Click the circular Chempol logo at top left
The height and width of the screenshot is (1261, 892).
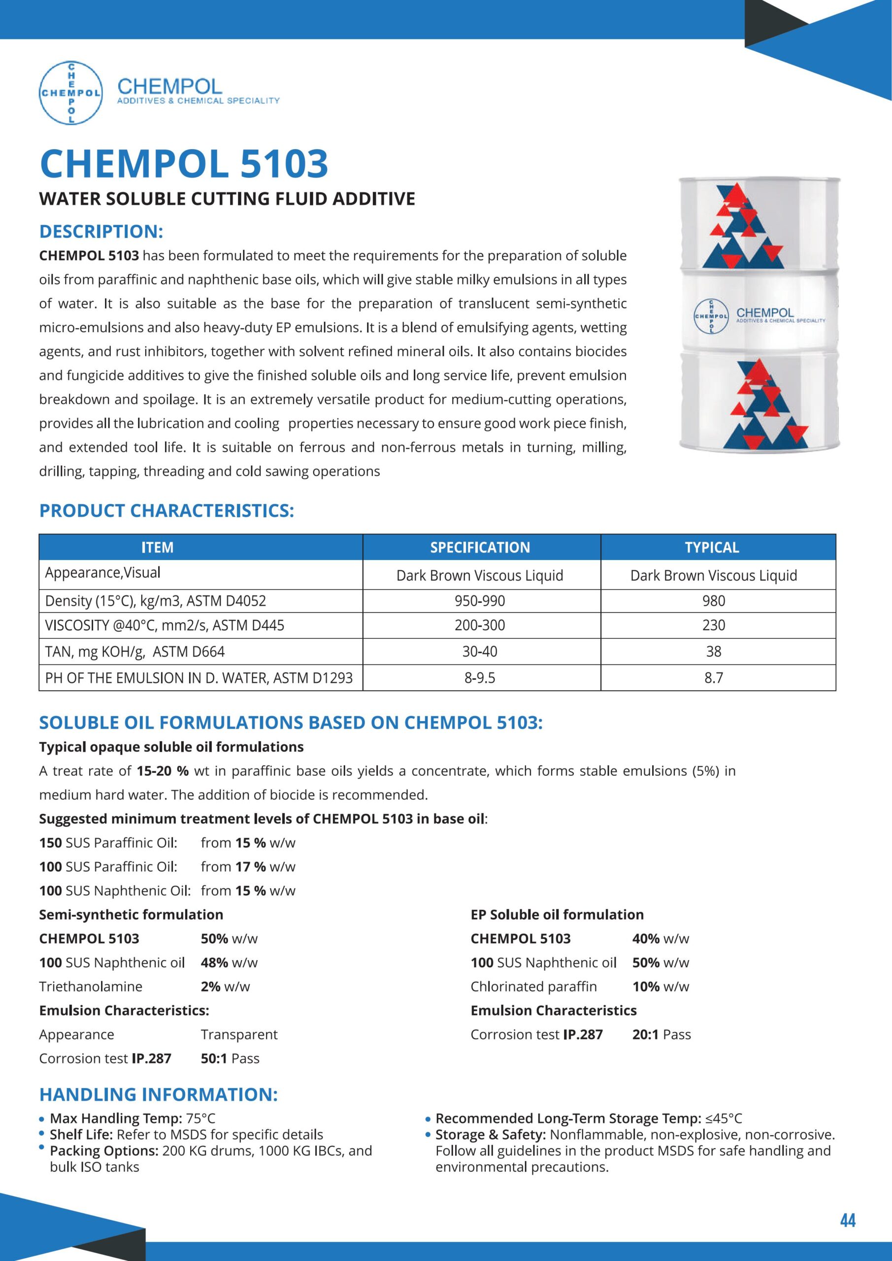71,92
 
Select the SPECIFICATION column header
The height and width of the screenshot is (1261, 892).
480,547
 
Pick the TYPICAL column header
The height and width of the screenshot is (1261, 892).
712,547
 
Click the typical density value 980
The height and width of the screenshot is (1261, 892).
714,600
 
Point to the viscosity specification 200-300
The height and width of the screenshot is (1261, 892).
480,625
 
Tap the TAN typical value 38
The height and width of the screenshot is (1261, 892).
714,651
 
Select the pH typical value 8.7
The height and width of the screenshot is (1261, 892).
714,678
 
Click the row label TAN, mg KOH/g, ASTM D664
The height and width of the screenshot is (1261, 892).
135,651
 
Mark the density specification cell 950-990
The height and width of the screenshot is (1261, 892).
480,600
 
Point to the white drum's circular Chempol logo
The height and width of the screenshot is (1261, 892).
711,317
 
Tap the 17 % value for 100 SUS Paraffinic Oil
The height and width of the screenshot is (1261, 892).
251,866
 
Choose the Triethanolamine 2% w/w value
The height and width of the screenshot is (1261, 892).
225,987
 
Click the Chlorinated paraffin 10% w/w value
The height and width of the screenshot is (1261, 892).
660,987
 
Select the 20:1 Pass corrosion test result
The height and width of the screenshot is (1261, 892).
661,1034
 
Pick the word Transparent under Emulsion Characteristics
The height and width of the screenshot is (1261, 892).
239,1034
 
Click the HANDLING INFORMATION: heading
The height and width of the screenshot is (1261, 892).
158,1094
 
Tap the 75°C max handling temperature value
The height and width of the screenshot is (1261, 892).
200,1118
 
